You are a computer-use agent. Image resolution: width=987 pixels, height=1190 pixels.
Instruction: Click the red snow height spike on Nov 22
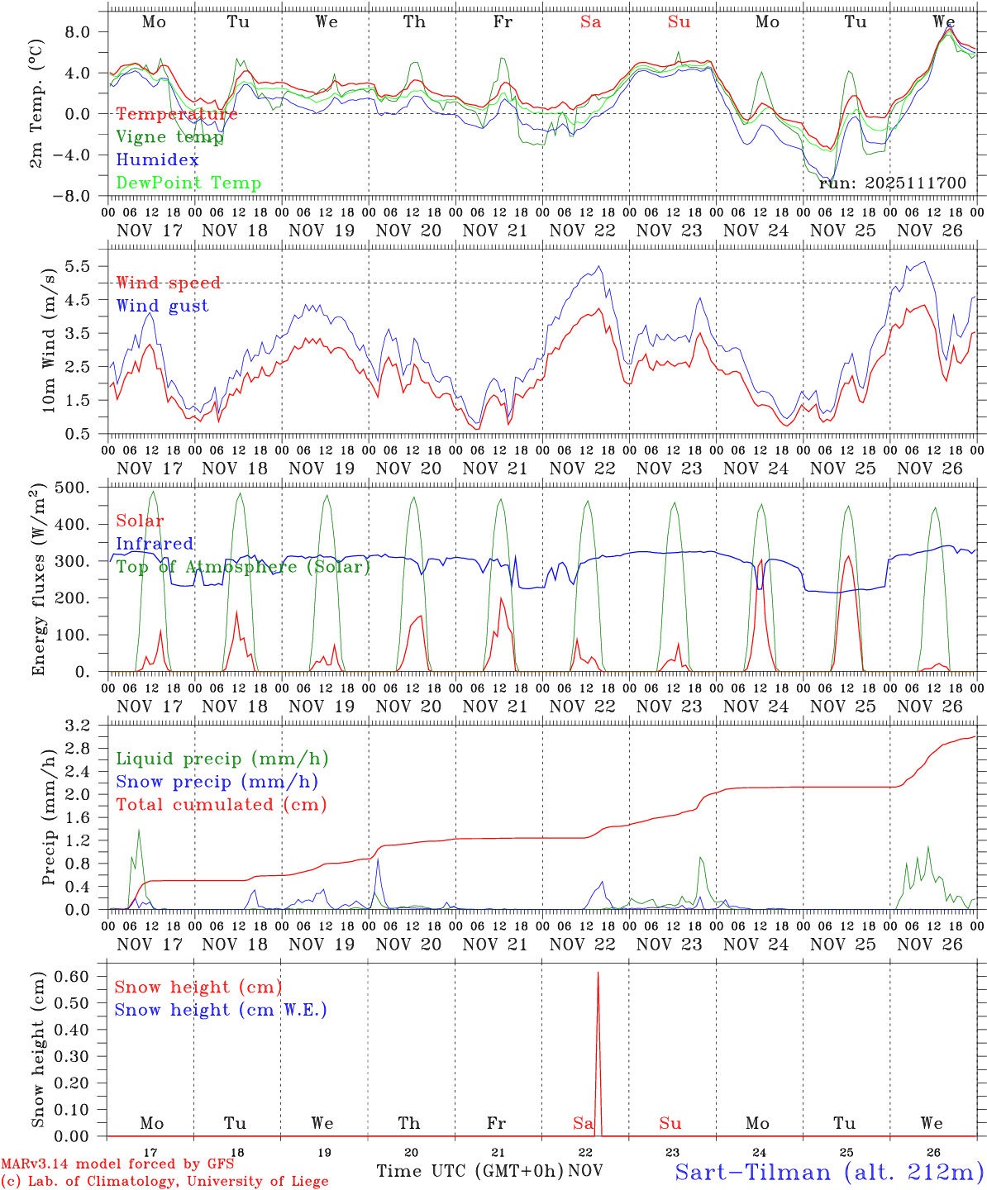pyautogui.click(x=598, y=1033)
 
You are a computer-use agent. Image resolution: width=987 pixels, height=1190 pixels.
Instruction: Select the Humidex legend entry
pyautogui.click(x=157, y=160)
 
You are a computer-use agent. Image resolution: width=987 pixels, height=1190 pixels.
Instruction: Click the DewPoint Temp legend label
pyautogui.click(x=188, y=183)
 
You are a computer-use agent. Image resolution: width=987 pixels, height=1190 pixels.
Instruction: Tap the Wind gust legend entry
pyautogui.click(x=162, y=306)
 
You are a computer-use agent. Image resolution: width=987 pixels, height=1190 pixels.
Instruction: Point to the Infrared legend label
pyautogui.click(x=155, y=544)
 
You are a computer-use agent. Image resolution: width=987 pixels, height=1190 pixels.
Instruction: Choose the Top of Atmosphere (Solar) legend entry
pyautogui.click(x=243, y=567)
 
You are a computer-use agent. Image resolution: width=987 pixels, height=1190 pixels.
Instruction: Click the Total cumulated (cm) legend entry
pyautogui.click(x=221, y=804)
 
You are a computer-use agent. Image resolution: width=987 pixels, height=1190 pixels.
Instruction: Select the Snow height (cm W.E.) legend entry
pyautogui.click(x=220, y=1010)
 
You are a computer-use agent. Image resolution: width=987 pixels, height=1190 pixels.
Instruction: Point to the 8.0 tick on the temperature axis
pyautogui.click(x=83, y=31)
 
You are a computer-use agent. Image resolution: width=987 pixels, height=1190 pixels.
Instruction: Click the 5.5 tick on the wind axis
pyautogui.click(x=83, y=266)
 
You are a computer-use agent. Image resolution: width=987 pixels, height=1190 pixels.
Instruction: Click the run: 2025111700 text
pyautogui.click(x=892, y=183)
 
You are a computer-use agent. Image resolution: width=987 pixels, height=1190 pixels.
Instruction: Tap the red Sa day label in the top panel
pyautogui.click(x=590, y=22)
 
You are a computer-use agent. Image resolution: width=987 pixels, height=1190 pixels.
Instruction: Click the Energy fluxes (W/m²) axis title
pyautogui.click(x=39, y=579)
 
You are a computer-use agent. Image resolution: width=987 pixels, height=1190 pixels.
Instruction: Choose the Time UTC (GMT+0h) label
pyautogui.click(x=470, y=1171)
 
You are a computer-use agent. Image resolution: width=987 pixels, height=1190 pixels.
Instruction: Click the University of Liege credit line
pyautogui.click(x=164, y=1181)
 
